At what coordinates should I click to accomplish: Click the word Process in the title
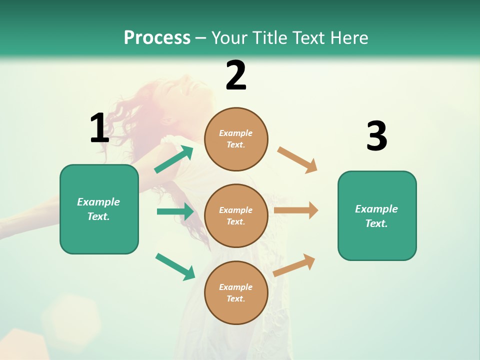pyautogui.click(x=157, y=37)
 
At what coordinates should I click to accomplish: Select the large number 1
pyautogui.click(x=99, y=128)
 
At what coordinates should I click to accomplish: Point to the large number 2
pyautogui.click(x=236, y=75)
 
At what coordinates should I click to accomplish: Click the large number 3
pyautogui.click(x=376, y=136)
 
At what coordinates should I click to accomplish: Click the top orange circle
pyautogui.click(x=236, y=139)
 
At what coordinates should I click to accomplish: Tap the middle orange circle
pyautogui.click(x=236, y=215)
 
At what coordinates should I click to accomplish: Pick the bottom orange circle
pyautogui.click(x=236, y=292)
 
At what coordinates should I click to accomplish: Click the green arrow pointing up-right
pyautogui.click(x=174, y=159)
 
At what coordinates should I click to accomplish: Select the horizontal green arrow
pyautogui.click(x=175, y=211)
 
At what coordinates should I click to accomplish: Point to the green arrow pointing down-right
pyautogui.click(x=175, y=266)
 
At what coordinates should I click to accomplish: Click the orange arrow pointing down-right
pyautogui.click(x=297, y=160)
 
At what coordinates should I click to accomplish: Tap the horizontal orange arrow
pyautogui.click(x=296, y=210)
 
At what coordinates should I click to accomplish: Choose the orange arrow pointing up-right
pyautogui.click(x=294, y=265)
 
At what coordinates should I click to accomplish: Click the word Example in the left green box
pyautogui.click(x=98, y=202)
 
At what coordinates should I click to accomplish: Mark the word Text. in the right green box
pyautogui.click(x=376, y=223)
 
